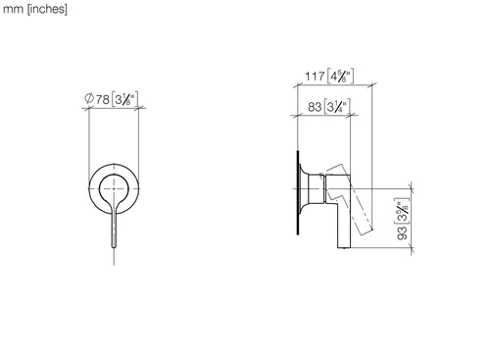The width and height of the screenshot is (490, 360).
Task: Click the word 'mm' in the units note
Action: pyautogui.click(x=13, y=10)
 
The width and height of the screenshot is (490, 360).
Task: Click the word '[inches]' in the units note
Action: pyautogui.click(x=47, y=9)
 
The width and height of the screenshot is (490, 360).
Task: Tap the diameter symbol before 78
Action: pyautogui.click(x=89, y=98)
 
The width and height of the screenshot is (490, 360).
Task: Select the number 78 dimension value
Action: pyautogui.click(x=103, y=99)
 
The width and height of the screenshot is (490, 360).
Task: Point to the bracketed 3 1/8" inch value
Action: pyautogui.click(x=124, y=99)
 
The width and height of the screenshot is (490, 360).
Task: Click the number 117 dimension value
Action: pyautogui.click(x=315, y=77)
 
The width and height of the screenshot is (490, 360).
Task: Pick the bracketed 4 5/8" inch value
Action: pyautogui.click(x=340, y=77)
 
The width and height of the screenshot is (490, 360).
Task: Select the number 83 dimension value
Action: pyautogui.click(x=315, y=107)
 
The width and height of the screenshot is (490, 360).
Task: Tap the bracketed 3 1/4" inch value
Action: pyautogui.click(x=337, y=107)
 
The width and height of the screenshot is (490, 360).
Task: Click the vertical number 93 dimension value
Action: pyautogui.click(x=403, y=232)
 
